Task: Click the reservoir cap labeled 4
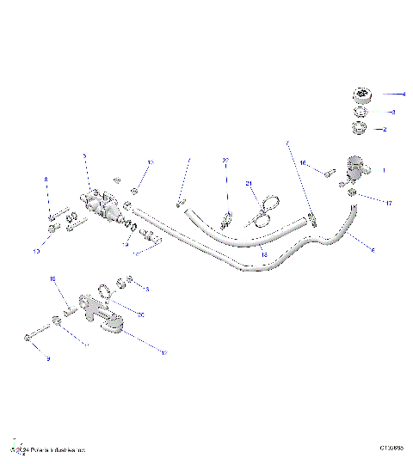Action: point(361,94)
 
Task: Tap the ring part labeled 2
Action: point(359,130)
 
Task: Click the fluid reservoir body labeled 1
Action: point(355,165)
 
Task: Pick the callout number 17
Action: point(389,204)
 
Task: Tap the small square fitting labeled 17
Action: point(353,193)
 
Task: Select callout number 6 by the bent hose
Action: point(372,250)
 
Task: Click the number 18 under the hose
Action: point(264,255)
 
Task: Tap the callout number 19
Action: point(126,245)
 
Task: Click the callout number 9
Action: point(48,357)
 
